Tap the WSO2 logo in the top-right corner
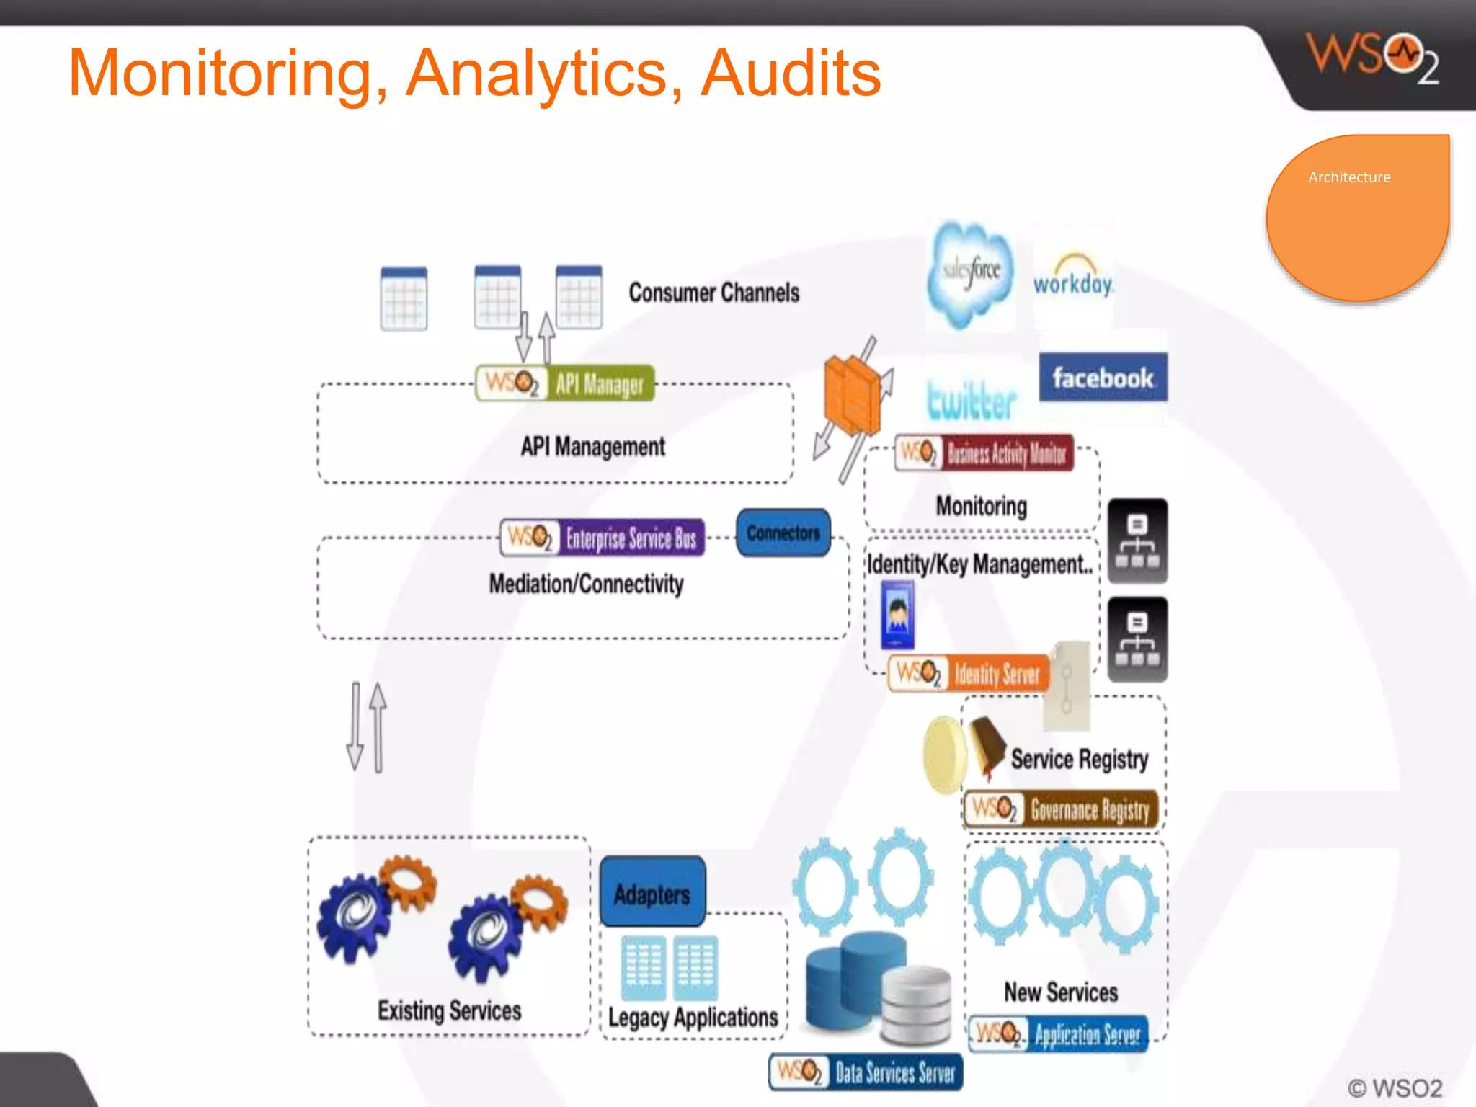click(x=1371, y=58)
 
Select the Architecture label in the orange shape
click(x=1349, y=177)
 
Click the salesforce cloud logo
click(x=972, y=274)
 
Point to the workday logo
click(x=1073, y=277)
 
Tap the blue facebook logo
click(x=1103, y=377)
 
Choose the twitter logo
click(x=972, y=401)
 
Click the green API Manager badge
click(x=565, y=383)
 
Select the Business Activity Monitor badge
click(x=984, y=453)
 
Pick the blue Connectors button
click(x=783, y=533)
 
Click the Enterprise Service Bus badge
click(x=603, y=538)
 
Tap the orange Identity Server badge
click(x=969, y=674)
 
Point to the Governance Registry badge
click(x=1062, y=809)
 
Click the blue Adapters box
click(x=652, y=893)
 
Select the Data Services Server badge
click(x=866, y=1072)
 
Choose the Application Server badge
click(x=1058, y=1035)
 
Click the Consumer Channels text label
click(x=713, y=293)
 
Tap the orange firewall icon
click(x=853, y=394)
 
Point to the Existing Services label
click(x=449, y=1010)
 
